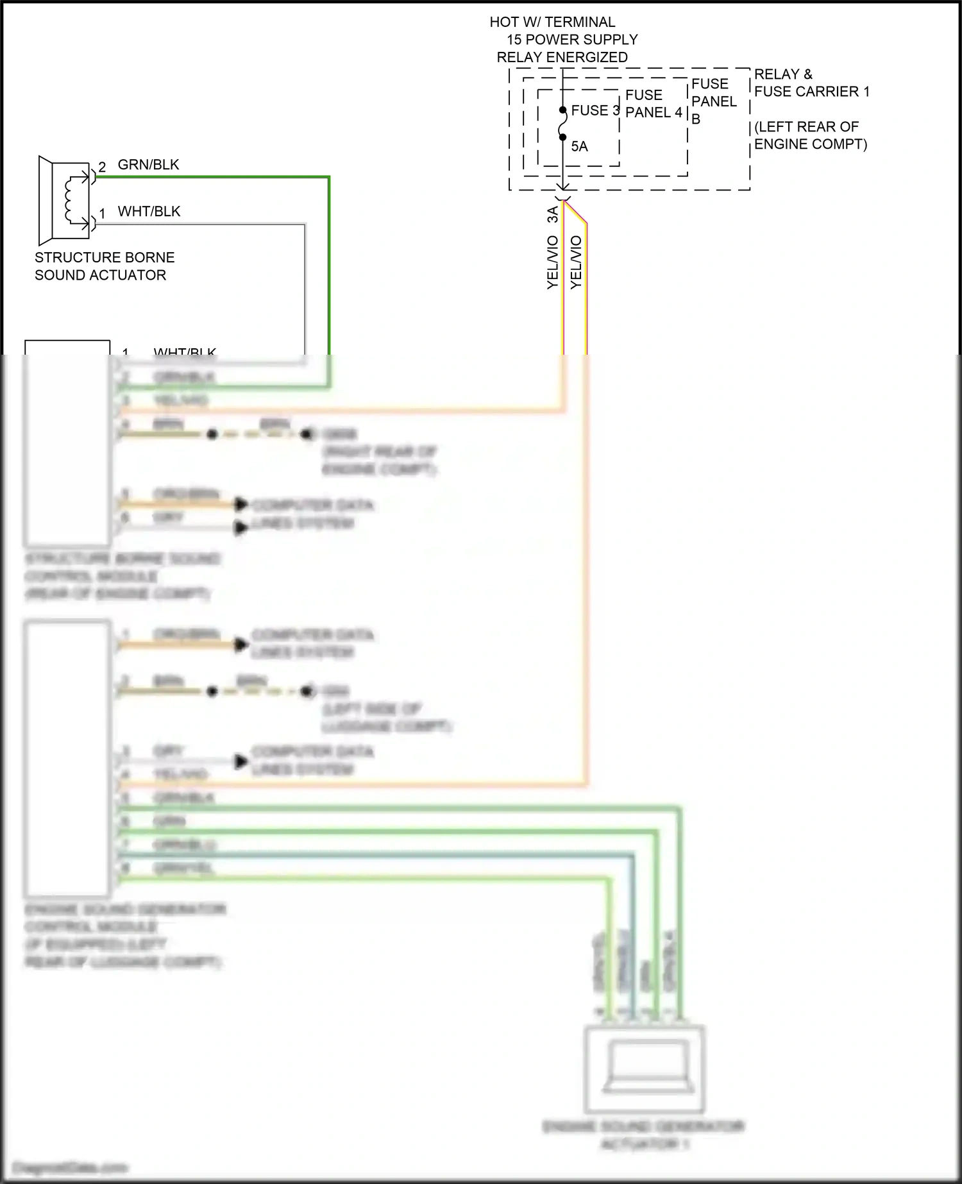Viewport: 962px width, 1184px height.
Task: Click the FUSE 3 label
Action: [x=595, y=110]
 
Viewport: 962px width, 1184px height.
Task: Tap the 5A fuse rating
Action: [x=579, y=146]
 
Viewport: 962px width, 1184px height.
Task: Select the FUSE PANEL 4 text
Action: [x=653, y=104]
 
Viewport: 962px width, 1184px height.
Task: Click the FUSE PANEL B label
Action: [x=713, y=101]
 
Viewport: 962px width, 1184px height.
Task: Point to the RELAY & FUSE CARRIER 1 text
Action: [x=811, y=83]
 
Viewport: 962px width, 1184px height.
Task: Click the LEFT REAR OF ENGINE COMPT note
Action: [x=810, y=135]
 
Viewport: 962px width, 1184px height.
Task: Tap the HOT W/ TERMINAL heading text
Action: [x=552, y=22]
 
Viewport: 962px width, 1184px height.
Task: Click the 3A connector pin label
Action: [x=553, y=215]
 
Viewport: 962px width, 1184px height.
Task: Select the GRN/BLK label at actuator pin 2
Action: [x=148, y=165]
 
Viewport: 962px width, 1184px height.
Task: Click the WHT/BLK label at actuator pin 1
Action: [x=149, y=212]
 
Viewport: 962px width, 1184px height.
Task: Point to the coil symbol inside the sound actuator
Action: [x=69, y=199]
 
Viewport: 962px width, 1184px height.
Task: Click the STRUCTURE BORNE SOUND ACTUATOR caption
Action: [x=104, y=266]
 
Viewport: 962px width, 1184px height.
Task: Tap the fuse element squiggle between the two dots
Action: [x=562, y=123]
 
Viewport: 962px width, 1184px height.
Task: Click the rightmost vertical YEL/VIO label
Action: [x=576, y=262]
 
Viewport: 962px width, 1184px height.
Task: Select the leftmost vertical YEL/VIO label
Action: [x=553, y=262]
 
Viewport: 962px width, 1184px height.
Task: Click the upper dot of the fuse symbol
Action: [x=562, y=110]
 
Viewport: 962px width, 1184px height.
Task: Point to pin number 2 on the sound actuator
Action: [x=102, y=167]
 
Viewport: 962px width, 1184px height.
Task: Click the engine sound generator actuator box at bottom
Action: [x=644, y=1069]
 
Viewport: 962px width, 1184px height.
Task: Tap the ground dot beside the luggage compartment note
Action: [x=308, y=691]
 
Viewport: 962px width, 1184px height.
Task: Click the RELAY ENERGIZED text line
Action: [x=562, y=57]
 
